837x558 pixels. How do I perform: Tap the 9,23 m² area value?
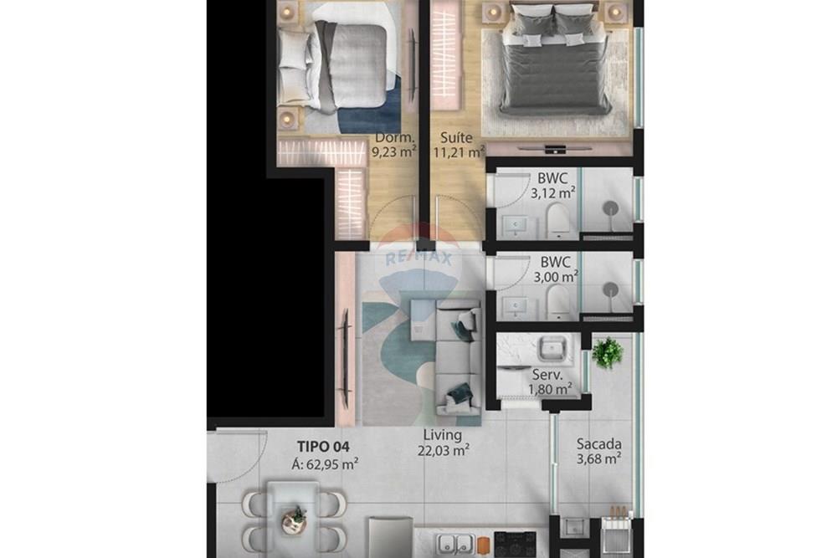[x=393, y=152]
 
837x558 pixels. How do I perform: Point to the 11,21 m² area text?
[x=459, y=152]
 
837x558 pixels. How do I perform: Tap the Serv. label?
[x=548, y=375]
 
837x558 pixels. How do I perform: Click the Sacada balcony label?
[x=598, y=444]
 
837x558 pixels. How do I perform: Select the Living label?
[x=442, y=435]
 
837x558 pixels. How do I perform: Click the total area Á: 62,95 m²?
[x=325, y=463]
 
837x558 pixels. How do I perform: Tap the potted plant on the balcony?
[x=608, y=352]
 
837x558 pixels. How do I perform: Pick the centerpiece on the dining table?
[x=294, y=520]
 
